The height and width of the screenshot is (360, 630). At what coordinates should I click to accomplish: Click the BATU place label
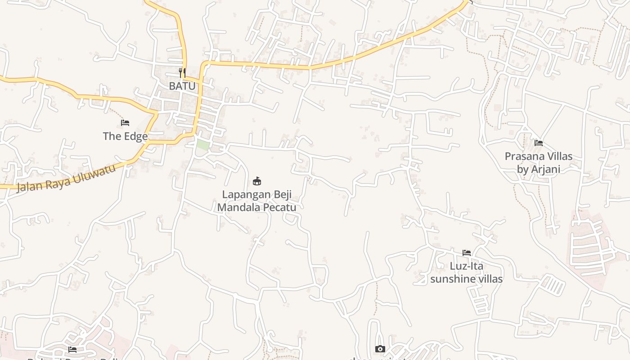[182, 85]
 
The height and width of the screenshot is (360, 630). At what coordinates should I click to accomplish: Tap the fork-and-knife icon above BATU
[182, 72]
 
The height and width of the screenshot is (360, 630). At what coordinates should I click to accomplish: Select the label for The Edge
[125, 136]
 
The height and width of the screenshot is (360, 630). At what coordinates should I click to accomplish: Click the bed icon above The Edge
[125, 123]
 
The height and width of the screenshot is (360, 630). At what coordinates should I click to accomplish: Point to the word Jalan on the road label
[28, 184]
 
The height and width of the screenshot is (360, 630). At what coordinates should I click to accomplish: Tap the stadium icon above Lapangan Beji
[257, 181]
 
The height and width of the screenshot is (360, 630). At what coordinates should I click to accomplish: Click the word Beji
[283, 195]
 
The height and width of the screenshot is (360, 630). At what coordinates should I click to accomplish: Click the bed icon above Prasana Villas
[539, 143]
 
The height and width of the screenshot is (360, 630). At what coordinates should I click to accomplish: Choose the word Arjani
[546, 169]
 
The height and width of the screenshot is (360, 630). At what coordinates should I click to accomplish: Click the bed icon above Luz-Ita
[467, 253]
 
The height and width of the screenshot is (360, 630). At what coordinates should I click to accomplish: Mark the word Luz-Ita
[467, 266]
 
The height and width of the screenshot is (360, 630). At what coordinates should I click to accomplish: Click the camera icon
[380, 349]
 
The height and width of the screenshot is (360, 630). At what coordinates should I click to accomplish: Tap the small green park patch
[203, 145]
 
